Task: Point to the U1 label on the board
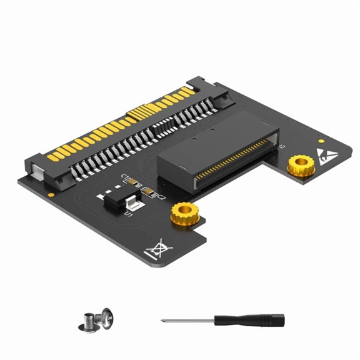[x=128, y=214]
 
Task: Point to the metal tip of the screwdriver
[x=164, y=321]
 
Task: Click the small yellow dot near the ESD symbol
[x=321, y=142]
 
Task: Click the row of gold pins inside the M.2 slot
[x=234, y=164]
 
